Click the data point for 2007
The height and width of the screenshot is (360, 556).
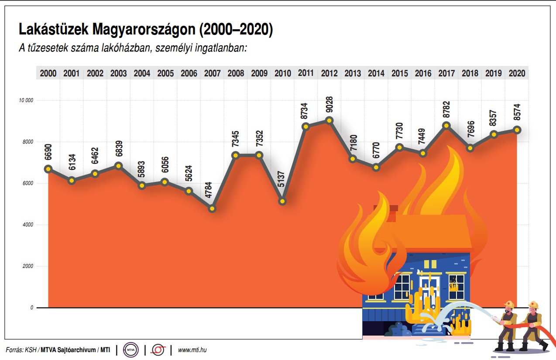click(213, 209)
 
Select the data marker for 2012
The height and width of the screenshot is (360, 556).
click(329, 120)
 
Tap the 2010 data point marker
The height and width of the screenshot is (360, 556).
click(283, 201)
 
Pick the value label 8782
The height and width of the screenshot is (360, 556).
click(446, 110)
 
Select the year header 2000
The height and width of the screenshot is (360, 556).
click(48, 74)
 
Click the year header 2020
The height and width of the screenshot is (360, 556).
click(517, 74)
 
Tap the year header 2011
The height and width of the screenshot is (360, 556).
click(306, 74)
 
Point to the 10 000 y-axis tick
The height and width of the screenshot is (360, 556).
click(26, 100)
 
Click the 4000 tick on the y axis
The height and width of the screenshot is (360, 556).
click(28, 225)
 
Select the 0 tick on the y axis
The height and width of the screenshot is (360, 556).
click(31, 308)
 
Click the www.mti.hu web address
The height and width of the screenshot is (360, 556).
click(192, 350)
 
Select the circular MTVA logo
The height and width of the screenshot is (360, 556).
click(130, 350)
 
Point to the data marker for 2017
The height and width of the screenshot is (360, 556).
click(446, 125)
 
